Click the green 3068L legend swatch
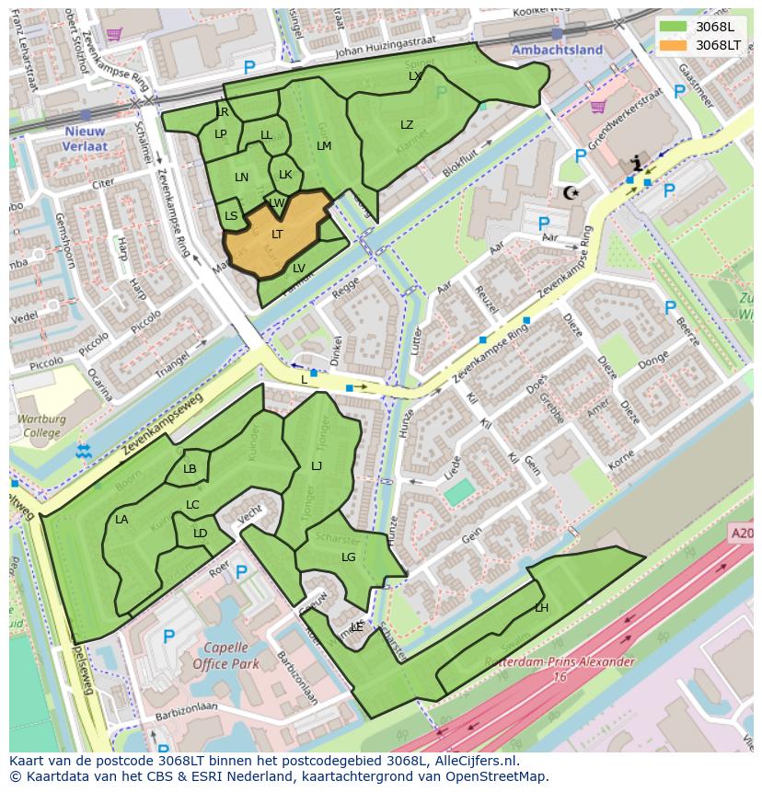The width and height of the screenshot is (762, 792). pos(674,26)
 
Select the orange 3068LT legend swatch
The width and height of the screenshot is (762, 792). pos(674,44)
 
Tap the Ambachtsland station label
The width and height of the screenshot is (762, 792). pos(557,50)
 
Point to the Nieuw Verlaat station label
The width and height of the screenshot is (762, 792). pos(86,139)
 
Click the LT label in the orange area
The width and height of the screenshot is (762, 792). pos(277,235)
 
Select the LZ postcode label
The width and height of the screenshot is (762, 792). pos(407,125)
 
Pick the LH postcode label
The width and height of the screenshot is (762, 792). pos(541,608)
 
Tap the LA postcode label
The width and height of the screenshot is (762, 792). pos(121,520)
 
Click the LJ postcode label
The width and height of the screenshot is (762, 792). pos(317,466)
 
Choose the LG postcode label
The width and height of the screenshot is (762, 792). pos(348,557)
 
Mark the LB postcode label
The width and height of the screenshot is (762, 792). pos(190,469)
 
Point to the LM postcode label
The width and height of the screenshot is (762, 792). pos(324,146)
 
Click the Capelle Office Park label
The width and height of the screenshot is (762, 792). pos(226,655)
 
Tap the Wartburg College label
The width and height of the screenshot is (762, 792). pos(41,426)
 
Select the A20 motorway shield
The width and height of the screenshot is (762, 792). pos(741,533)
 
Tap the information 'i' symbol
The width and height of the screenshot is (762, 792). pos(636,165)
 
